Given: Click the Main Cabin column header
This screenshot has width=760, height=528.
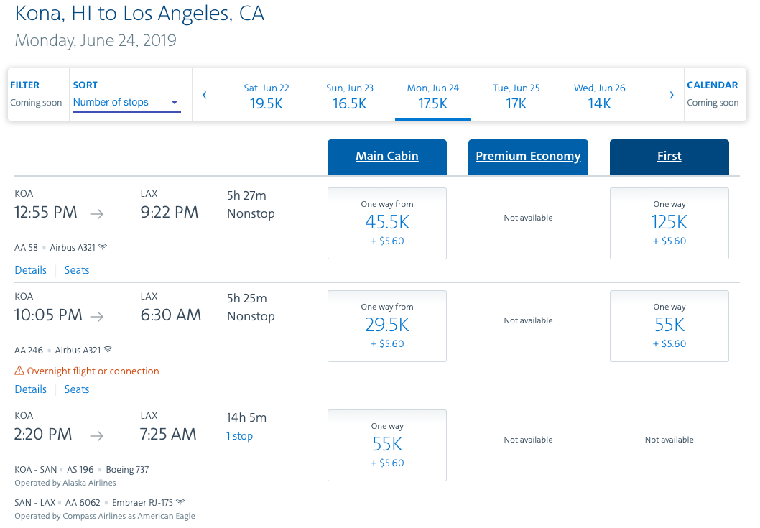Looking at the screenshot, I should pos(386,157).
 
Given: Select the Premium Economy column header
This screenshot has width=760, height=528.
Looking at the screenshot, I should pos(528,157).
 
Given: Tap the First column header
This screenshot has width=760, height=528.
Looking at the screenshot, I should pos(669,157).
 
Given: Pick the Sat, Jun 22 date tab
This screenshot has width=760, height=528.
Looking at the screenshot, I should pos(266,96).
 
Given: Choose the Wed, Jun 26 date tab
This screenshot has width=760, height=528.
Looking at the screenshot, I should pos(599,96).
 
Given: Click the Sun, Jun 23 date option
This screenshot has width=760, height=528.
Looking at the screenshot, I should pos(350,96).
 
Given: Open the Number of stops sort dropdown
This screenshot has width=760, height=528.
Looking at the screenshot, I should pos(126,103).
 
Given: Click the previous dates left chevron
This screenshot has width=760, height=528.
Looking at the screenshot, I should pos(205,95).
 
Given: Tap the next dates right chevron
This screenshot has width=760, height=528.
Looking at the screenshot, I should pos(672,95).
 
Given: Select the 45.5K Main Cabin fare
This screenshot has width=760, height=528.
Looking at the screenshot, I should pos(386,223).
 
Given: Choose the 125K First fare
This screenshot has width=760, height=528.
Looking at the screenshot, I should pos(669,223).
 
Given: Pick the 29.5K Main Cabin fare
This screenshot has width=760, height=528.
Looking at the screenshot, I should pos(386,325).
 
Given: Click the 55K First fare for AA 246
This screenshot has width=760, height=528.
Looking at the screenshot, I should pos(669,325).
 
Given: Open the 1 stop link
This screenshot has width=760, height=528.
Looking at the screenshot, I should pos(240,436).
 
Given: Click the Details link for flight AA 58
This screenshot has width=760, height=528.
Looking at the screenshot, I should pos(30,270).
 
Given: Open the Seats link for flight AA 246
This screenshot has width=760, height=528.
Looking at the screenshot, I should pos(77,389).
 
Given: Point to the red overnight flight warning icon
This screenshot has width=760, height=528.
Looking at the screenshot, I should pos(19,371).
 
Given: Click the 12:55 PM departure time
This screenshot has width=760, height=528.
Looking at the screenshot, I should pos(46,213).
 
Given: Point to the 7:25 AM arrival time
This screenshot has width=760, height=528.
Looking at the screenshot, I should pos(168,434).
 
